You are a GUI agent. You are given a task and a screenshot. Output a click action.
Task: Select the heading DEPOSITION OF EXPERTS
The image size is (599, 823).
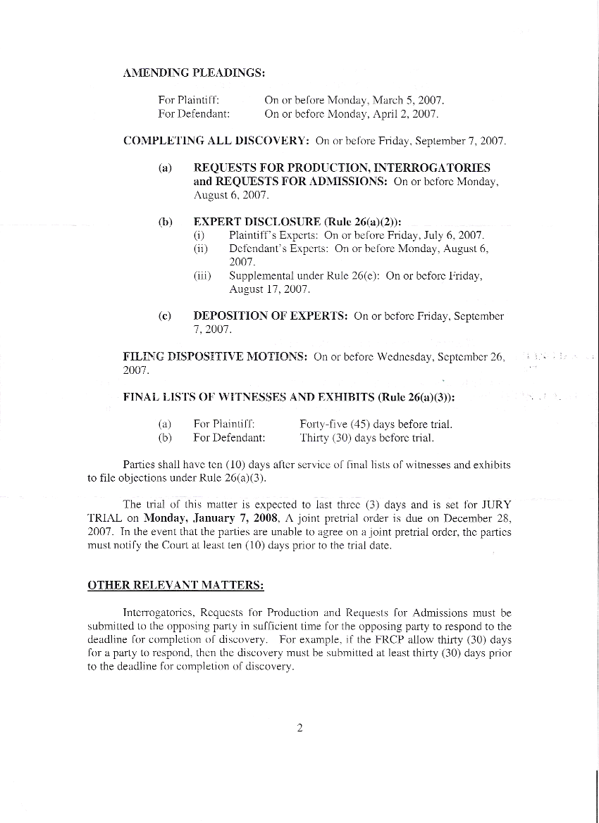coord(270,316)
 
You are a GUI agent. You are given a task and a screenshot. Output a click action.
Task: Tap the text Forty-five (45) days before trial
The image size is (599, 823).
coord(376,424)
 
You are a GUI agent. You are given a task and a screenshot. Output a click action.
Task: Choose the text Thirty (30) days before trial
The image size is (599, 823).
coord(367,438)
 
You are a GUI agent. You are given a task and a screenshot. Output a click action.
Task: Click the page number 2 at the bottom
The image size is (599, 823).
coord(299,729)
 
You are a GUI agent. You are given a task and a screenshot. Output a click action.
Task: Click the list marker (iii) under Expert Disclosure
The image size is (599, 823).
coord(202,276)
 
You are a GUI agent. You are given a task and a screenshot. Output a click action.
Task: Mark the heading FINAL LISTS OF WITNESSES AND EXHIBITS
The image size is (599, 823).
coord(249,397)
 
